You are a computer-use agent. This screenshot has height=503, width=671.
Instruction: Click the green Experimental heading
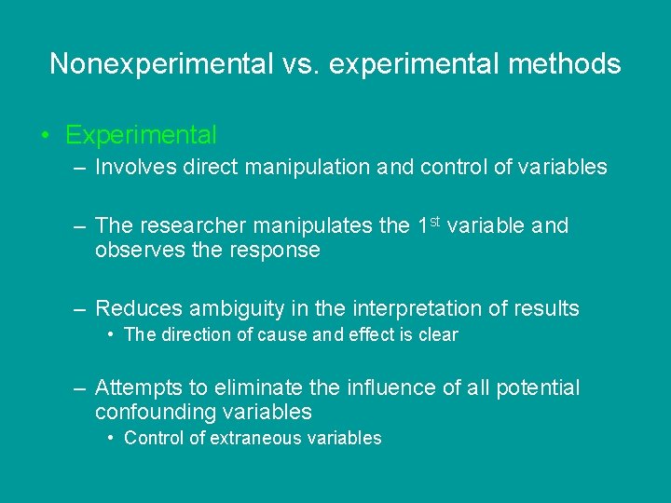click(x=141, y=136)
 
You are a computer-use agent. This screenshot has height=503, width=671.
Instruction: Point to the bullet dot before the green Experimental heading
click(x=46, y=136)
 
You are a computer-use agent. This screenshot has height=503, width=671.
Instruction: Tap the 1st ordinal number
click(x=429, y=224)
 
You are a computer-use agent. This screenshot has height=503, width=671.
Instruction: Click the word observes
click(x=137, y=251)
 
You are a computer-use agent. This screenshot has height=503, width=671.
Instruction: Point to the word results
click(x=541, y=308)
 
